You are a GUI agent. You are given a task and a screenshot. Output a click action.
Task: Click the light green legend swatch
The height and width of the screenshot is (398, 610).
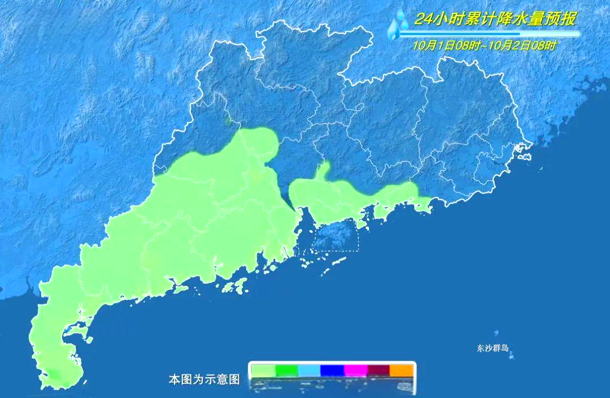pyautogui.click(x=263, y=370)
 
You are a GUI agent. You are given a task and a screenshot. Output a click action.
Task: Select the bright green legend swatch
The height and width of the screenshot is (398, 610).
pyautogui.click(x=286, y=370)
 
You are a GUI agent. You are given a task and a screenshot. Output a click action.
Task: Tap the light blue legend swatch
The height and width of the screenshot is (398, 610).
pyautogui.click(x=309, y=370)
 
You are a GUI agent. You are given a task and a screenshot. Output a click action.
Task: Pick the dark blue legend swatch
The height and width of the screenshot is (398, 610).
pyautogui.click(x=333, y=370)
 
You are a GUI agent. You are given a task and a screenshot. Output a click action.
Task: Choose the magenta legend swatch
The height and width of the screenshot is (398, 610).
pyautogui.click(x=356, y=370)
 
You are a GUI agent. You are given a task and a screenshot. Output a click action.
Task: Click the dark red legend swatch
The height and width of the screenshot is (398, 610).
pyautogui.click(x=379, y=370)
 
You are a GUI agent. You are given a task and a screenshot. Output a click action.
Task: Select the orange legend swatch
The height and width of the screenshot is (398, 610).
pyautogui.click(x=402, y=370)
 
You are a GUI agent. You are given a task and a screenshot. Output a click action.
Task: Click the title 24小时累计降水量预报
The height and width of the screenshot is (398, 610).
pyautogui.click(x=495, y=20)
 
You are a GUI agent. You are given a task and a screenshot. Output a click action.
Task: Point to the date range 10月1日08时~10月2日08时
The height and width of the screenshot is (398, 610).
pyautogui.click(x=484, y=46)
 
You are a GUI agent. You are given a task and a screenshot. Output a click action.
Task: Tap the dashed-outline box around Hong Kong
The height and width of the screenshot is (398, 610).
pyautogui.click(x=336, y=235)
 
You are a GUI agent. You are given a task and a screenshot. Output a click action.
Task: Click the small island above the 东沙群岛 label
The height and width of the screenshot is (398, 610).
pyautogui.click(x=496, y=334)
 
